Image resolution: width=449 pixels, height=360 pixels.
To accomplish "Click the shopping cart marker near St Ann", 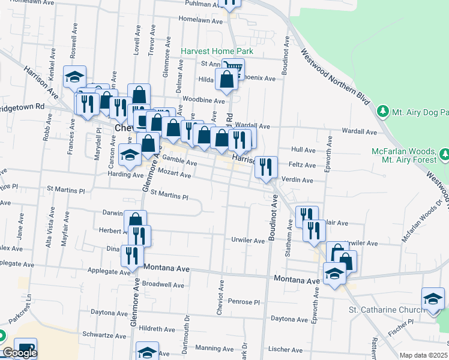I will (233, 68).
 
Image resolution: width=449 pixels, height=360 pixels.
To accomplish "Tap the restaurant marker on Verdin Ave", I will (266, 166).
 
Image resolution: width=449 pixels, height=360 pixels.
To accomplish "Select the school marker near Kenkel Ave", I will (74, 76).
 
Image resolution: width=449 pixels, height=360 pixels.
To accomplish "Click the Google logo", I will (19, 353).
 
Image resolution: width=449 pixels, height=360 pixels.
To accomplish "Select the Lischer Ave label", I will (285, 349).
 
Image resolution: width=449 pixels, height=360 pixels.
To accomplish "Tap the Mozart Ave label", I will (175, 176).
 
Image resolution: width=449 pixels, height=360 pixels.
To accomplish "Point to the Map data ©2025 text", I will (424, 355).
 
